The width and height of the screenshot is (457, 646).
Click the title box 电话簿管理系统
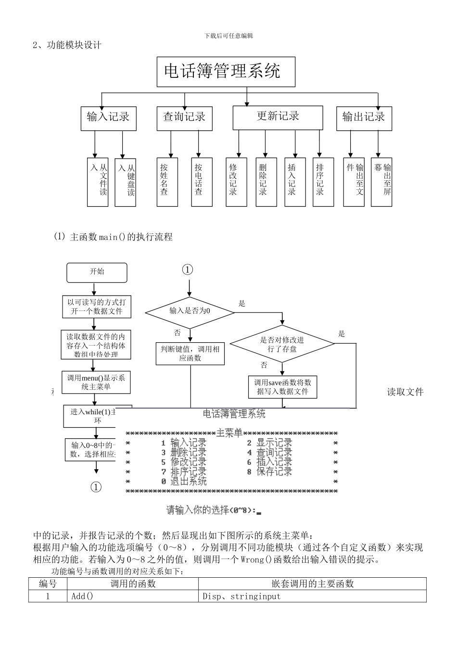point(226,72)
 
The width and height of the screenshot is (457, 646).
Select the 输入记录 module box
point(108,118)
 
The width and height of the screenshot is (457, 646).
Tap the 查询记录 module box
point(184,118)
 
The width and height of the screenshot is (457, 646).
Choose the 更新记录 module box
point(278,117)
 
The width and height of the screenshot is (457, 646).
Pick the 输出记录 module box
point(364,118)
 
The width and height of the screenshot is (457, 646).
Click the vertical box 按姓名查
point(167,182)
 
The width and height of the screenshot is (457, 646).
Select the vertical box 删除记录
point(266,182)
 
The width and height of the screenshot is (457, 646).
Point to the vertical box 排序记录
point(323,182)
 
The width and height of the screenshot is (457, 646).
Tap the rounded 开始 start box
point(97,273)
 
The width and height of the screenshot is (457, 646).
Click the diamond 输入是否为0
point(190,311)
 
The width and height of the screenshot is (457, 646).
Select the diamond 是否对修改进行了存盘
point(282,344)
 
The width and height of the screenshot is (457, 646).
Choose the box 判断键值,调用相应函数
point(190,354)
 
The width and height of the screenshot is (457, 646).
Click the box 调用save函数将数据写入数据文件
point(282,387)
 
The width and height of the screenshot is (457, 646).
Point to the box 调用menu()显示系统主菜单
point(96,382)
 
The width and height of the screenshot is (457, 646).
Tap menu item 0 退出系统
point(184,481)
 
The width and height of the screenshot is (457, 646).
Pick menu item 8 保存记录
point(269,472)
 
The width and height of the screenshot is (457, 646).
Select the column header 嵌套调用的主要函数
point(312,584)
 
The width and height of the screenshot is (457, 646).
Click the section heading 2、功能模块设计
point(67,45)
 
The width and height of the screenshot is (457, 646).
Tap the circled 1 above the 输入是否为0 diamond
point(187,270)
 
